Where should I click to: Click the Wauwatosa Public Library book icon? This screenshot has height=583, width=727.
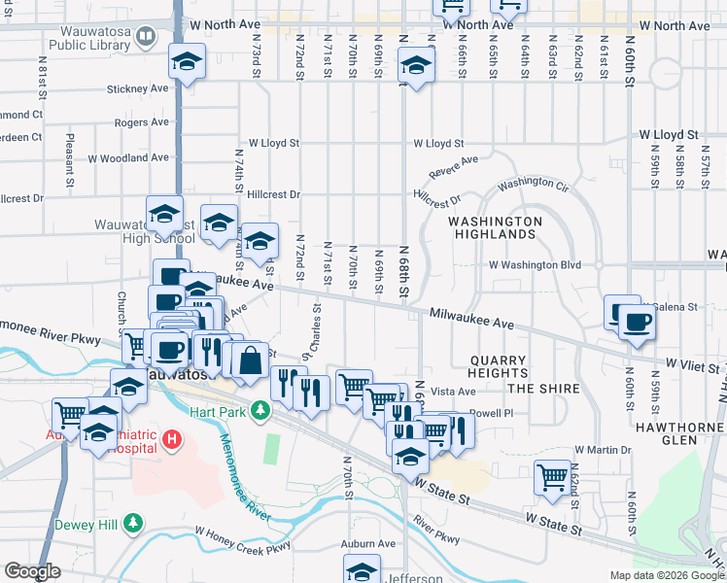pos(146,38)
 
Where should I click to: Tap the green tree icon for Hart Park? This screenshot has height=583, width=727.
pos(260,412)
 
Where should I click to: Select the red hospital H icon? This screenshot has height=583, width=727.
pos(172,440)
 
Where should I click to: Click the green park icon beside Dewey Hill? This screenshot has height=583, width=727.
pos(133,526)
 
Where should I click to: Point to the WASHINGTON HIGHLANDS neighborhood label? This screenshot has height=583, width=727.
pos(495,227)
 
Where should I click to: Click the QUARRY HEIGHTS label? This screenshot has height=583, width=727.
pos(498,366)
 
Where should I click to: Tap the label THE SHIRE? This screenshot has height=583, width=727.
pos(543,389)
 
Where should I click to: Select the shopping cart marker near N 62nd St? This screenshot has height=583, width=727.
pos(553,476)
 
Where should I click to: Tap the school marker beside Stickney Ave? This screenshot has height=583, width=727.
pos(187,60)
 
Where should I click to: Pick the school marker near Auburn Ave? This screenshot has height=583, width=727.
pos(363,570)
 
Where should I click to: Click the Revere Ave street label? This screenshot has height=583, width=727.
pos(455,166)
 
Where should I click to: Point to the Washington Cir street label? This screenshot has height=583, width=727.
pos(533,184)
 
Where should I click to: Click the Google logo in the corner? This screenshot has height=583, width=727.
pos(32,571)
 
